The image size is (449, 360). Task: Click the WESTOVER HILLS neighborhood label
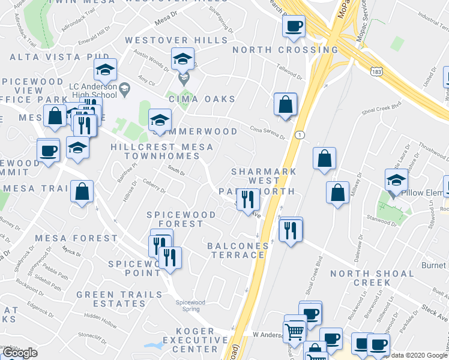pyautogui.click(x=176, y=40)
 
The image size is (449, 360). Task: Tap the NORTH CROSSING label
pyautogui.click(x=277, y=50)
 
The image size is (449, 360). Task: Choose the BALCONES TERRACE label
pyautogui.click(x=237, y=250)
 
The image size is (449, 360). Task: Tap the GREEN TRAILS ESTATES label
pyautogui.click(x=119, y=299)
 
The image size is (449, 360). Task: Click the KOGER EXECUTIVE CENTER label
pyautogui.click(x=196, y=340)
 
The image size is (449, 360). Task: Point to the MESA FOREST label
pyautogui.click(x=76, y=238)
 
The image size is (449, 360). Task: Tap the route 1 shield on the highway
pyautogui.click(x=298, y=135)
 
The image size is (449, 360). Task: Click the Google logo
pyautogui.click(x=20, y=353)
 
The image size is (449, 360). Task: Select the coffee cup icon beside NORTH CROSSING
pyautogui.click(x=294, y=26)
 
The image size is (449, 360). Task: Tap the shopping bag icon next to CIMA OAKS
pyautogui.click(x=285, y=104)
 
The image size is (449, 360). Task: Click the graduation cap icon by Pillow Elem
pyautogui.click(x=396, y=179)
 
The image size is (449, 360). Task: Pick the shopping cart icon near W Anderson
pyautogui.click(x=295, y=331)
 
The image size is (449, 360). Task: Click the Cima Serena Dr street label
pyautogui.click(x=268, y=133)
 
